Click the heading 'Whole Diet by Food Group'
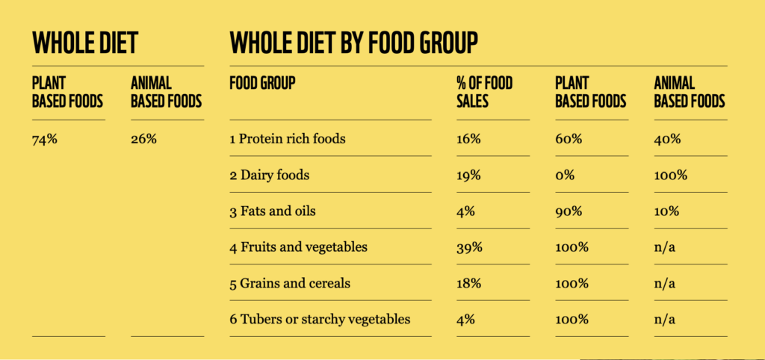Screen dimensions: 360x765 (353, 43)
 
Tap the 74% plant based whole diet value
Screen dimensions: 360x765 (45, 139)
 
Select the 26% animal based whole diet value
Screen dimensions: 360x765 (143, 139)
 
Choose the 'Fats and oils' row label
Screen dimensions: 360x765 (272, 211)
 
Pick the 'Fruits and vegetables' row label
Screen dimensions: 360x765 (298, 247)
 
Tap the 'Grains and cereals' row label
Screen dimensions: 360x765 (289, 284)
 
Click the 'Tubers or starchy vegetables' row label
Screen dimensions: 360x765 (320, 320)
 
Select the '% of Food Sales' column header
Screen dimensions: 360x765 (484, 92)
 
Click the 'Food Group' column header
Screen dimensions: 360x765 (262, 83)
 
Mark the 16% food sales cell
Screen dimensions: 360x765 (468, 139)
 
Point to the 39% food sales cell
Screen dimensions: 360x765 (469, 247)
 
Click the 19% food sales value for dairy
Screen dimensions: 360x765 (468, 176)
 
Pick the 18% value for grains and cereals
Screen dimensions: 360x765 (468, 284)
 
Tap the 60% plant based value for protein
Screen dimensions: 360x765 (569, 139)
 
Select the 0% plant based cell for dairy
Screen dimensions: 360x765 (565, 176)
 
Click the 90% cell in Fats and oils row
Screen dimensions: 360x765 (569, 211)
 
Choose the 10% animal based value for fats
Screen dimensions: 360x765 (666, 211)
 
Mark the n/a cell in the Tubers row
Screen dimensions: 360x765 (665, 320)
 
